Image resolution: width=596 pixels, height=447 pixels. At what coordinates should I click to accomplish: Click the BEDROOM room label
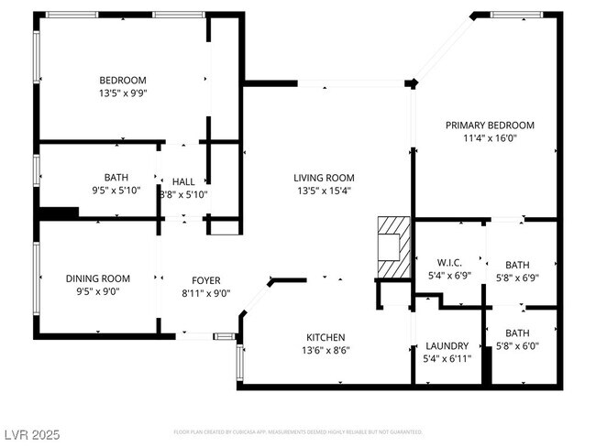tap(123, 81)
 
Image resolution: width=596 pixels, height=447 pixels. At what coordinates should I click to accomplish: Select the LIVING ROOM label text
tap(324, 179)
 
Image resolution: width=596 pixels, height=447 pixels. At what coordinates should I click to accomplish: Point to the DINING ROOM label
tap(97, 279)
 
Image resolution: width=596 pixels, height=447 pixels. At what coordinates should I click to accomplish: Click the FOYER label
tap(205, 280)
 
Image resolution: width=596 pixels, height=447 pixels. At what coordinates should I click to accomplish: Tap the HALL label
tap(183, 181)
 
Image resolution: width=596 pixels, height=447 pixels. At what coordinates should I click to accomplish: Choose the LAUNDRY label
tap(447, 346)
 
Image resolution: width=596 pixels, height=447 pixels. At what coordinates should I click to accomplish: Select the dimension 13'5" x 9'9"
tap(123, 93)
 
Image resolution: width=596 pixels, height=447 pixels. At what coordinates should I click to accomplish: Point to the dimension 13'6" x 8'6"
tap(326, 350)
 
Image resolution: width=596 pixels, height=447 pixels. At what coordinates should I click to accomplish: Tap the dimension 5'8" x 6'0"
tap(517, 346)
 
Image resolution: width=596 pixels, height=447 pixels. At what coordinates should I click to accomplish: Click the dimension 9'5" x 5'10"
tap(116, 191)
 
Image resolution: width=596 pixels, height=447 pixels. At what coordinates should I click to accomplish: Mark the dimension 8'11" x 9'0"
tap(205, 293)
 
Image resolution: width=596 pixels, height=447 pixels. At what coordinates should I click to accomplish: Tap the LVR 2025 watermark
tap(31, 431)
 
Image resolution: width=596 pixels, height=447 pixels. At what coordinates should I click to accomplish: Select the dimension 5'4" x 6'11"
tap(447, 359)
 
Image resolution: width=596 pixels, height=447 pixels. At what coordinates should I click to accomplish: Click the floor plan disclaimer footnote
tap(297, 431)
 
